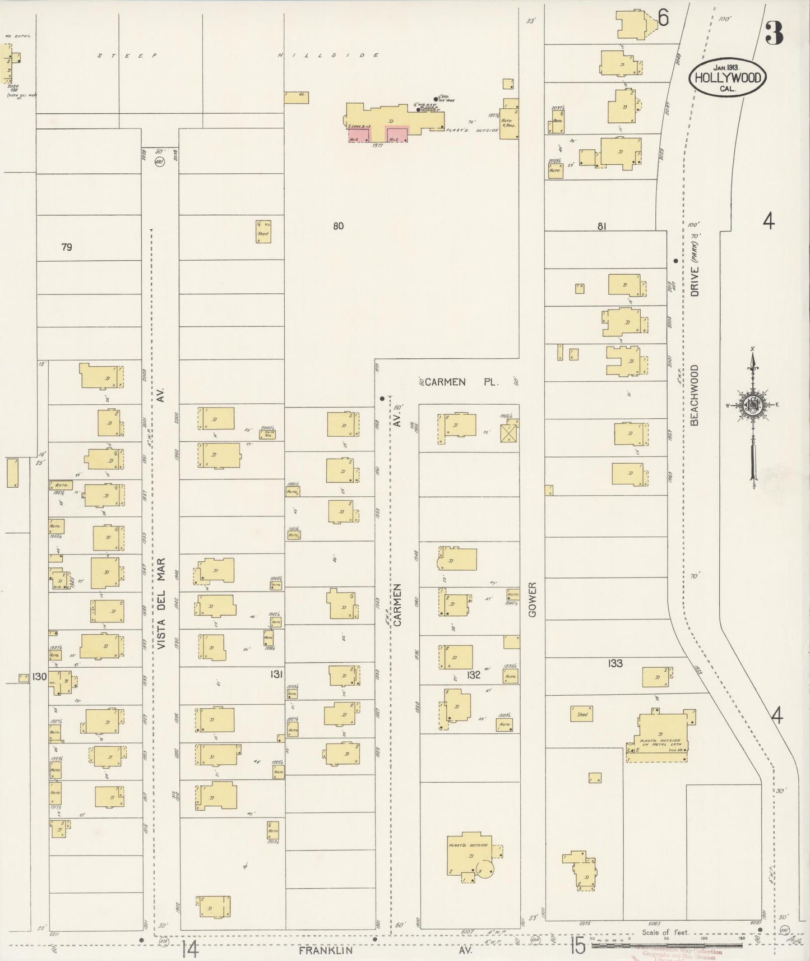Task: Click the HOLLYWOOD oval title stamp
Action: point(728,78)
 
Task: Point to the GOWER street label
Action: point(532,599)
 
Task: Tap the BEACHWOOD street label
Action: point(695,394)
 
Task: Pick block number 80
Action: point(337,227)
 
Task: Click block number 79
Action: point(67,247)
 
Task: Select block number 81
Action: point(601,227)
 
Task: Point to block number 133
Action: point(615,663)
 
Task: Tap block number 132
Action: point(474,675)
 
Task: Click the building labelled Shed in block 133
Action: point(582,714)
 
